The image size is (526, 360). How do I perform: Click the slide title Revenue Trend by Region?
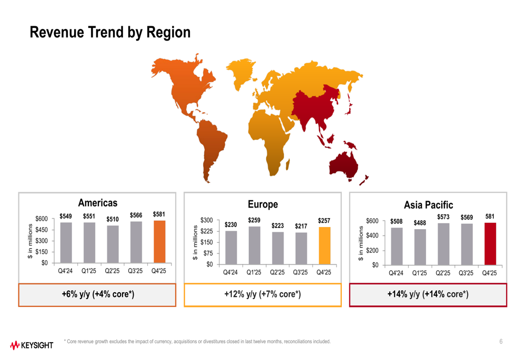[109, 33]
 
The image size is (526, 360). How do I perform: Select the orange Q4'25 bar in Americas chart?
[159, 242]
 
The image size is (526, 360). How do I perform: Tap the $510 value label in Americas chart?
[113, 219]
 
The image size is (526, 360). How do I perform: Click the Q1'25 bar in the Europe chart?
[254, 245]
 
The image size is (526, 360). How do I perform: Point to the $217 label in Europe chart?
[301, 226]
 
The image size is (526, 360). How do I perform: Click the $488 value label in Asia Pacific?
[420, 223]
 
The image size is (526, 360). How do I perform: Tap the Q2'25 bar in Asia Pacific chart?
[443, 244]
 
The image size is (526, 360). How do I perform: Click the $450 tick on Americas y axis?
[42, 230]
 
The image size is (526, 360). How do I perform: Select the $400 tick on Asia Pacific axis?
[372, 235]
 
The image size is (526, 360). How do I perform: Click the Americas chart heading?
[97, 203]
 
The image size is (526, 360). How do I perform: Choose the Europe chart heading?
[262, 204]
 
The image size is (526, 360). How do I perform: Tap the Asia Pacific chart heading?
[428, 204]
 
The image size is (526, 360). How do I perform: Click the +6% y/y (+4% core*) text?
[98, 294]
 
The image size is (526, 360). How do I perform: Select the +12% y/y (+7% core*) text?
[262, 294]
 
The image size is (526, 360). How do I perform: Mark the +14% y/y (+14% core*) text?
[428, 294]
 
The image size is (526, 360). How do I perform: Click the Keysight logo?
[32, 345]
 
